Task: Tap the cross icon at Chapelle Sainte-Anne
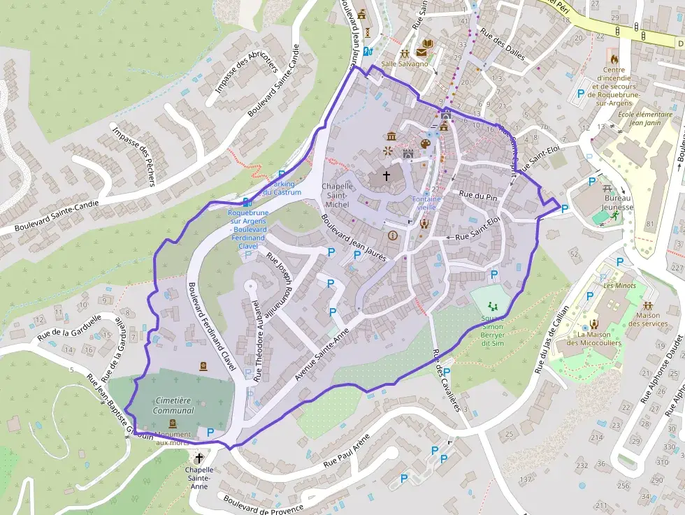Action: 199,458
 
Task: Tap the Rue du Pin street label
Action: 477,195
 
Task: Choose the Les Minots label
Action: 615,285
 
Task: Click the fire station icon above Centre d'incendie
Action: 614,59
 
